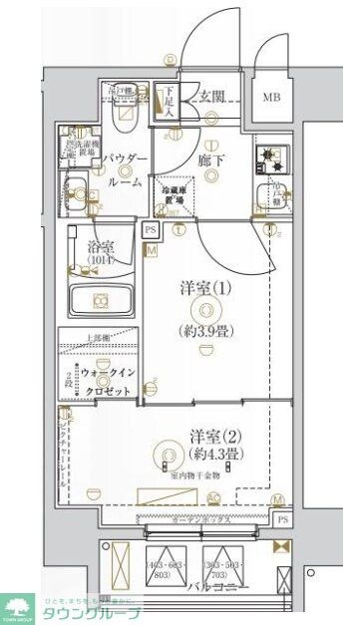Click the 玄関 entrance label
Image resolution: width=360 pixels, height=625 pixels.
(210, 97)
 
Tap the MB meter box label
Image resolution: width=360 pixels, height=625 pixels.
(271, 98)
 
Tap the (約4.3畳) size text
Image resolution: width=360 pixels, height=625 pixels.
(212, 455)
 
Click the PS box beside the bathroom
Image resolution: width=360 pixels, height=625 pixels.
(151, 231)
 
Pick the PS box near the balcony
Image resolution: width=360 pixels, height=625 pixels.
(283, 519)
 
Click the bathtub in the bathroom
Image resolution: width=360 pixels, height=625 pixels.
(100, 299)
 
